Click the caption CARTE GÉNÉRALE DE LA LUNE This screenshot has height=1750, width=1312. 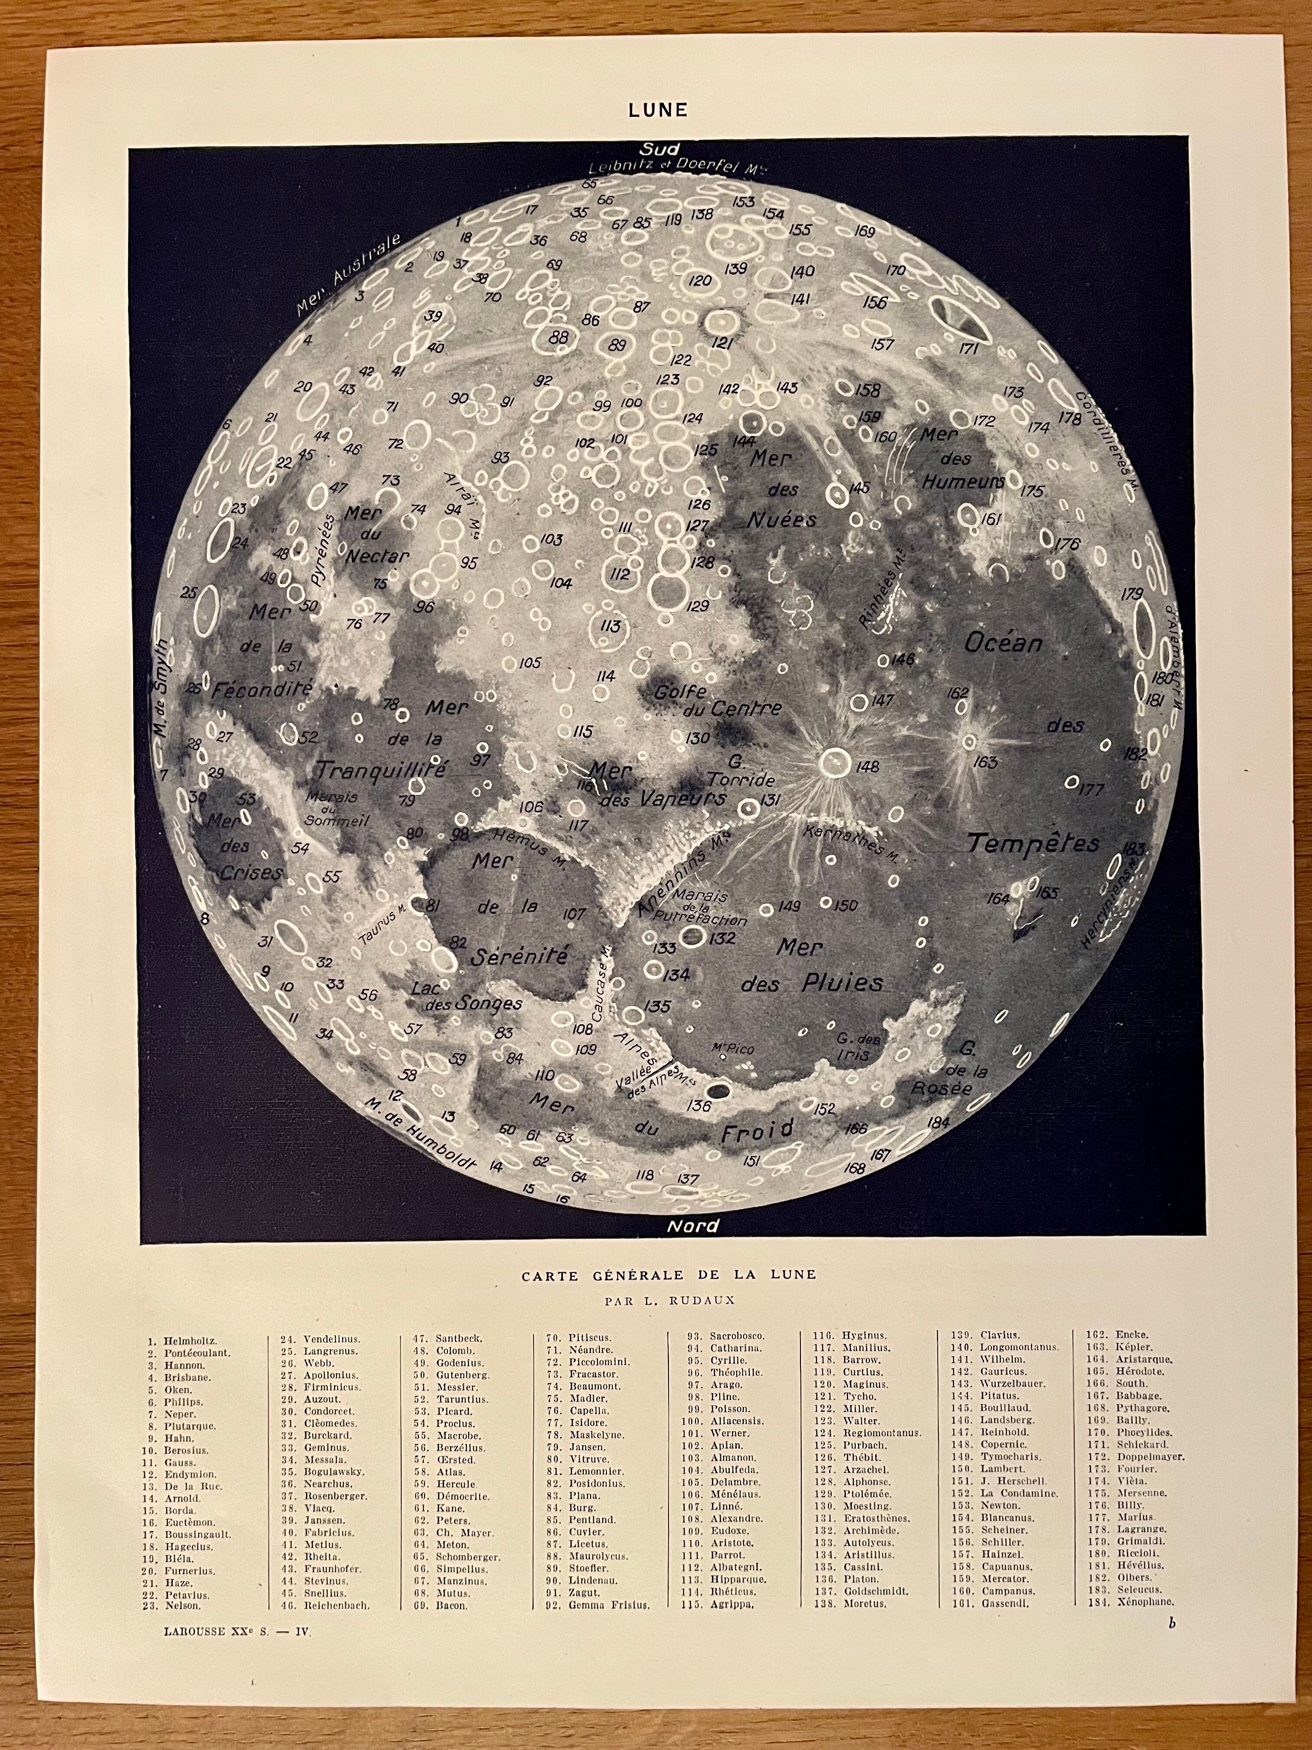click(668, 1275)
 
